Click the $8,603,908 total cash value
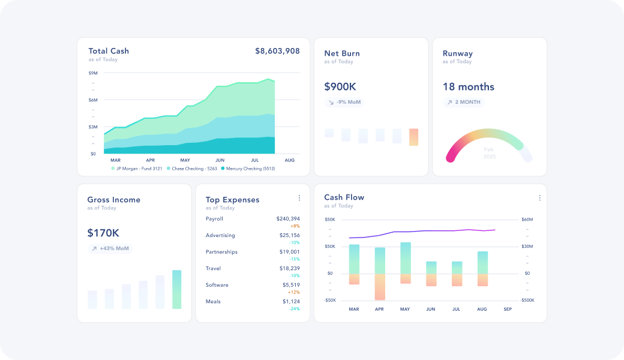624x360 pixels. click(x=277, y=51)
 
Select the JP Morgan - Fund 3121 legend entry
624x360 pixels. click(x=136, y=169)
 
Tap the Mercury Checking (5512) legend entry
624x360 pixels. click(x=248, y=169)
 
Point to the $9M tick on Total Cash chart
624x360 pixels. click(x=93, y=73)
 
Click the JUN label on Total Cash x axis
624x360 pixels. click(x=220, y=160)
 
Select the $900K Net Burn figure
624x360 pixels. click(x=340, y=87)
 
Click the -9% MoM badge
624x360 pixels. click(x=345, y=102)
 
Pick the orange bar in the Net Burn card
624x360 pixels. click(x=413, y=137)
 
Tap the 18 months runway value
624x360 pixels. click(x=468, y=87)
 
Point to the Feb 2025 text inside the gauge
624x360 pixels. click(x=489, y=153)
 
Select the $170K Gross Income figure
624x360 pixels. click(x=103, y=233)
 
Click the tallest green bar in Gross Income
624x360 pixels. click(x=176, y=289)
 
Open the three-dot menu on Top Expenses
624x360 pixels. click(x=299, y=198)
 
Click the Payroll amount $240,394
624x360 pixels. click(x=288, y=219)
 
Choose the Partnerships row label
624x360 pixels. click(x=221, y=252)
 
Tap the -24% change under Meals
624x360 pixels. click(x=295, y=308)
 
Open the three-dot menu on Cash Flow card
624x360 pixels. click(x=539, y=198)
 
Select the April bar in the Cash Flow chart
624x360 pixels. click(x=379, y=273)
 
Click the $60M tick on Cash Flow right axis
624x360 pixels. click(x=526, y=220)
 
